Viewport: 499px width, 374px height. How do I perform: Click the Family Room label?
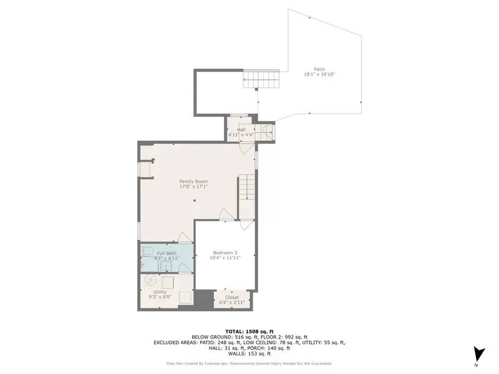click(x=193, y=181)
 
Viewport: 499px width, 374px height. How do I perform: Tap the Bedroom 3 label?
click(x=226, y=252)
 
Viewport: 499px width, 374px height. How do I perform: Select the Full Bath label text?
click(x=167, y=252)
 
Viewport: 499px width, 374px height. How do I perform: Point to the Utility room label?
click(x=160, y=292)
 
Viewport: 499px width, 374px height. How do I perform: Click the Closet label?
click(x=231, y=297)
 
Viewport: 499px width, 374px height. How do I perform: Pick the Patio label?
click(x=319, y=69)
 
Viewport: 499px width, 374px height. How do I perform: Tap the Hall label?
click(x=241, y=129)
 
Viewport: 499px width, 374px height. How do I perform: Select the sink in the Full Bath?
click(x=166, y=267)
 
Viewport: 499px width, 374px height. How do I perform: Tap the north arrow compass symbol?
click(x=478, y=353)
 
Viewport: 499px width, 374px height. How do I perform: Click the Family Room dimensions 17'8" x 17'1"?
click(x=193, y=186)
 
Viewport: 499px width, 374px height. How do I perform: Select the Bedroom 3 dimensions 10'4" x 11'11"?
click(x=226, y=257)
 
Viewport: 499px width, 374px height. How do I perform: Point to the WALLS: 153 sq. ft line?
click(x=249, y=353)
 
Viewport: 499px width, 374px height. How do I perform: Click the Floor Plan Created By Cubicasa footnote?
click(x=249, y=363)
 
